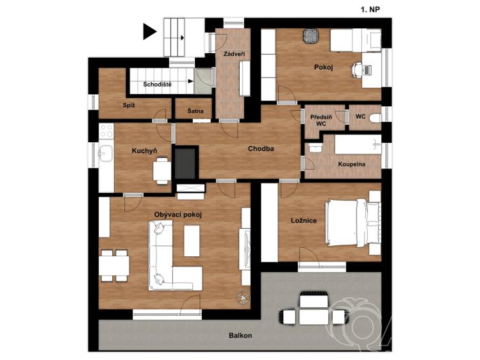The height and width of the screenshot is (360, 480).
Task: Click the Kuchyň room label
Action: coord(144,151)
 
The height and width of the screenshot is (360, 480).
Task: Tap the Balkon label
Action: coord(240,336)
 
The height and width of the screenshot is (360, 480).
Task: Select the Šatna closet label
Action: coord(195,111)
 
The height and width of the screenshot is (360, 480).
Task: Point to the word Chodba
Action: coord(261,149)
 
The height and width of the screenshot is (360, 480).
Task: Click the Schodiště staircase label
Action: coord(158,84)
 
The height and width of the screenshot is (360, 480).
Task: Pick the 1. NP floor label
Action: coord(370,10)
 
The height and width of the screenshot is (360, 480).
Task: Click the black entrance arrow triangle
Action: coord(150,32)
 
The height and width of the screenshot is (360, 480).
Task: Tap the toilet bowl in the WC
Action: coord(376,118)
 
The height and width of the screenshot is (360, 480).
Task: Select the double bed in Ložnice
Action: coord(352,222)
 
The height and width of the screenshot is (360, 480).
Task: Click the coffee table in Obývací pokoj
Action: coord(192,241)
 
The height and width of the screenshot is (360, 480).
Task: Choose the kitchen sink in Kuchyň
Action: coord(105,152)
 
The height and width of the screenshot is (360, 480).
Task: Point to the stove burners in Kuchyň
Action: coord(106,130)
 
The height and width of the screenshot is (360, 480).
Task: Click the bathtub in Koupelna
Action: coord(358,144)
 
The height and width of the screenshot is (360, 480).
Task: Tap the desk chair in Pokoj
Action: coord(356,70)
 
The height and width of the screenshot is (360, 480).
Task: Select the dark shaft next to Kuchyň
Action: coord(185,163)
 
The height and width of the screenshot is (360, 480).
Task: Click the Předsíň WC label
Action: coord(320,120)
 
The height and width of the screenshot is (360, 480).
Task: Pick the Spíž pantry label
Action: coord(129,105)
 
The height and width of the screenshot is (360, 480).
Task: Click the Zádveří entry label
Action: coord(234,54)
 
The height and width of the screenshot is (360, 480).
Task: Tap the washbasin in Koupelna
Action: coord(315,147)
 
